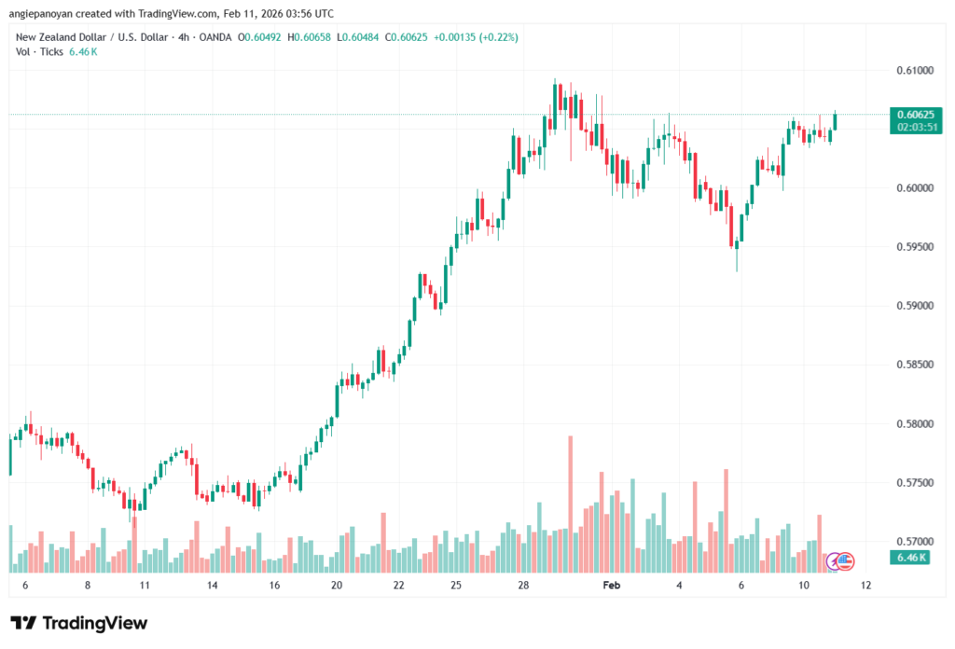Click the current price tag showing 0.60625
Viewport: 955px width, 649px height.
(x=915, y=115)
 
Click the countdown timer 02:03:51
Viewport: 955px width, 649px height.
(x=915, y=127)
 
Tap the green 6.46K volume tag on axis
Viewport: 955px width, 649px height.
(x=912, y=558)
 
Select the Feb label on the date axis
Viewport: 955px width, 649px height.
(x=612, y=585)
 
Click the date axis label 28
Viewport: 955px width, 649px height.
(x=524, y=585)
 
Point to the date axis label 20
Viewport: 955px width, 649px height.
(x=337, y=585)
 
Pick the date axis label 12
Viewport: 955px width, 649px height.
(x=866, y=585)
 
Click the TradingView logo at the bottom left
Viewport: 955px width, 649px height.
(x=78, y=623)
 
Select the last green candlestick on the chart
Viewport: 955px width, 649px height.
(x=835, y=122)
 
